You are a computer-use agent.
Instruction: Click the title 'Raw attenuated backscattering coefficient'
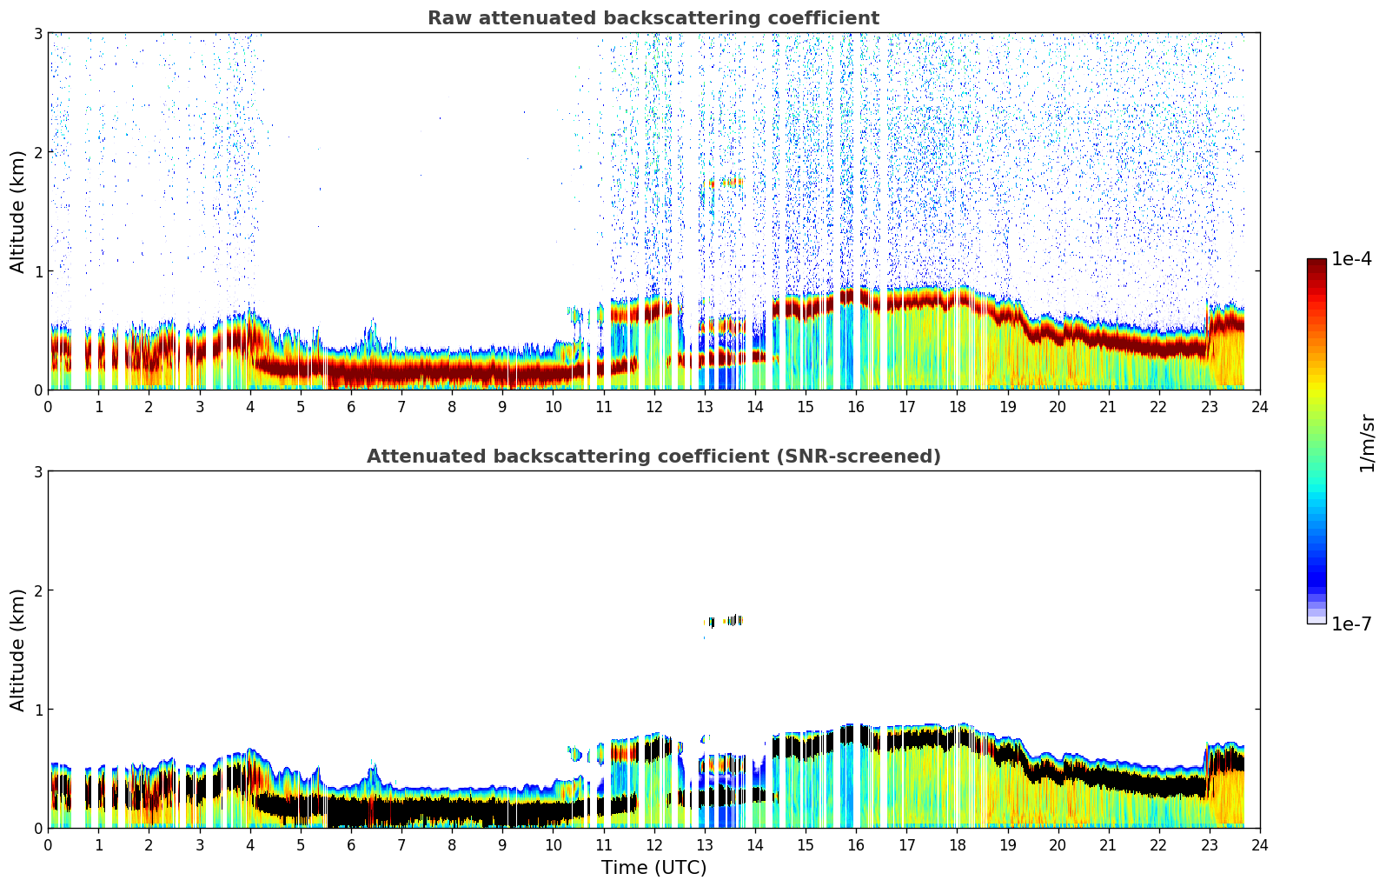pyautogui.click(x=653, y=18)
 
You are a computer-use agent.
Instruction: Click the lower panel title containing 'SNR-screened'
pyautogui.click(x=653, y=457)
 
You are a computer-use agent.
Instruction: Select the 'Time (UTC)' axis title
pyautogui.click(x=653, y=868)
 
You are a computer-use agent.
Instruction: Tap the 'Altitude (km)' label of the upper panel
pyautogui.click(x=18, y=211)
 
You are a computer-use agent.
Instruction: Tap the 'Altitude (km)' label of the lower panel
pyautogui.click(x=18, y=650)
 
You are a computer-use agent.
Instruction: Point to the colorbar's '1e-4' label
pyautogui.click(x=1351, y=259)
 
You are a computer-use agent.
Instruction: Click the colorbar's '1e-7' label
pyautogui.click(x=1351, y=624)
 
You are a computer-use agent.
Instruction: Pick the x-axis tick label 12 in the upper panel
pyautogui.click(x=653, y=406)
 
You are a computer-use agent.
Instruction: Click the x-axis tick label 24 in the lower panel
pyautogui.click(x=1260, y=844)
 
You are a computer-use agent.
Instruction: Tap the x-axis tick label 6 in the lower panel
pyautogui.click(x=351, y=844)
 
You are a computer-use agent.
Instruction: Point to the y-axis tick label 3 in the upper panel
pyautogui.click(x=38, y=33)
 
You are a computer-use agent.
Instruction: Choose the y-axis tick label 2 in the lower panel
pyautogui.click(x=38, y=590)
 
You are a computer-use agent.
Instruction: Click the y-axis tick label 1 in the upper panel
pyautogui.click(x=38, y=271)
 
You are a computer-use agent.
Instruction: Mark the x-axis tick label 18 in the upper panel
pyautogui.click(x=957, y=406)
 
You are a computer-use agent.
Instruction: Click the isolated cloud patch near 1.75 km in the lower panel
pyautogui.click(x=725, y=621)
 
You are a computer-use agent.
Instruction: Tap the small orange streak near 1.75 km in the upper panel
pyautogui.click(x=725, y=183)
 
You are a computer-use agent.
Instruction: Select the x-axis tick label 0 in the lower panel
pyautogui.click(x=48, y=844)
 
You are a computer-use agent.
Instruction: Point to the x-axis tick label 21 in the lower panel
pyautogui.click(x=1108, y=844)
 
